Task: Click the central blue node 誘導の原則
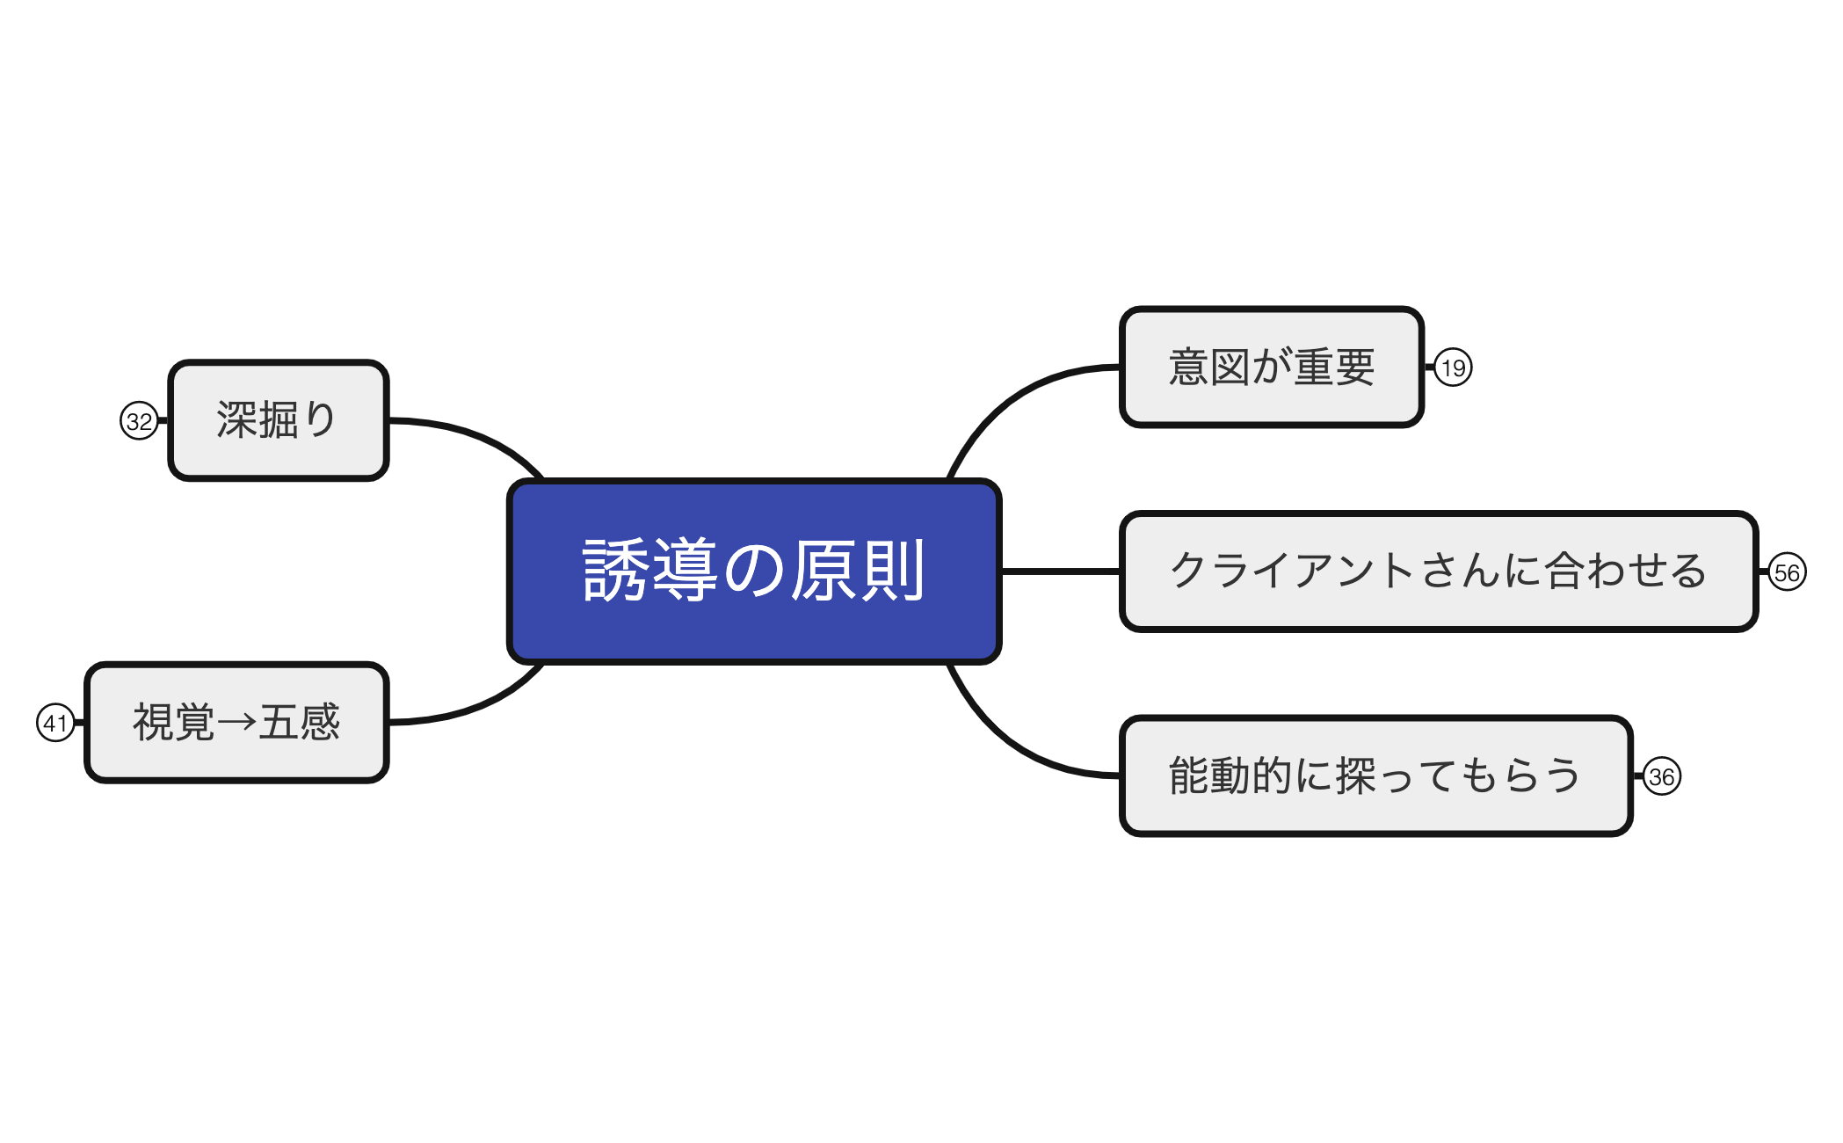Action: (x=754, y=571)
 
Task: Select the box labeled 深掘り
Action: (x=278, y=420)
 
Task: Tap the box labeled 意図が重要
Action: (x=1271, y=368)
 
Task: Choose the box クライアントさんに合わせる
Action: (x=1438, y=571)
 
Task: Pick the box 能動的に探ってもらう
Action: (x=1375, y=775)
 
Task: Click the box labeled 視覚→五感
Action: (x=236, y=723)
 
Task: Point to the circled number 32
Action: (x=139, y=421)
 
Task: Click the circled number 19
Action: (x=1453, y=368)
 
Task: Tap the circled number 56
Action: (x=1787, y=573)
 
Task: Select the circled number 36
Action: (x=1661, y=776)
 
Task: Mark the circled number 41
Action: (x=55, y=723)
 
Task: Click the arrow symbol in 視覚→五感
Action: (x=236, y=723)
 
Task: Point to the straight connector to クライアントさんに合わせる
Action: (x=1060, y=571)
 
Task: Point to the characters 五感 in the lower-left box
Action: (x=300, y=723)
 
